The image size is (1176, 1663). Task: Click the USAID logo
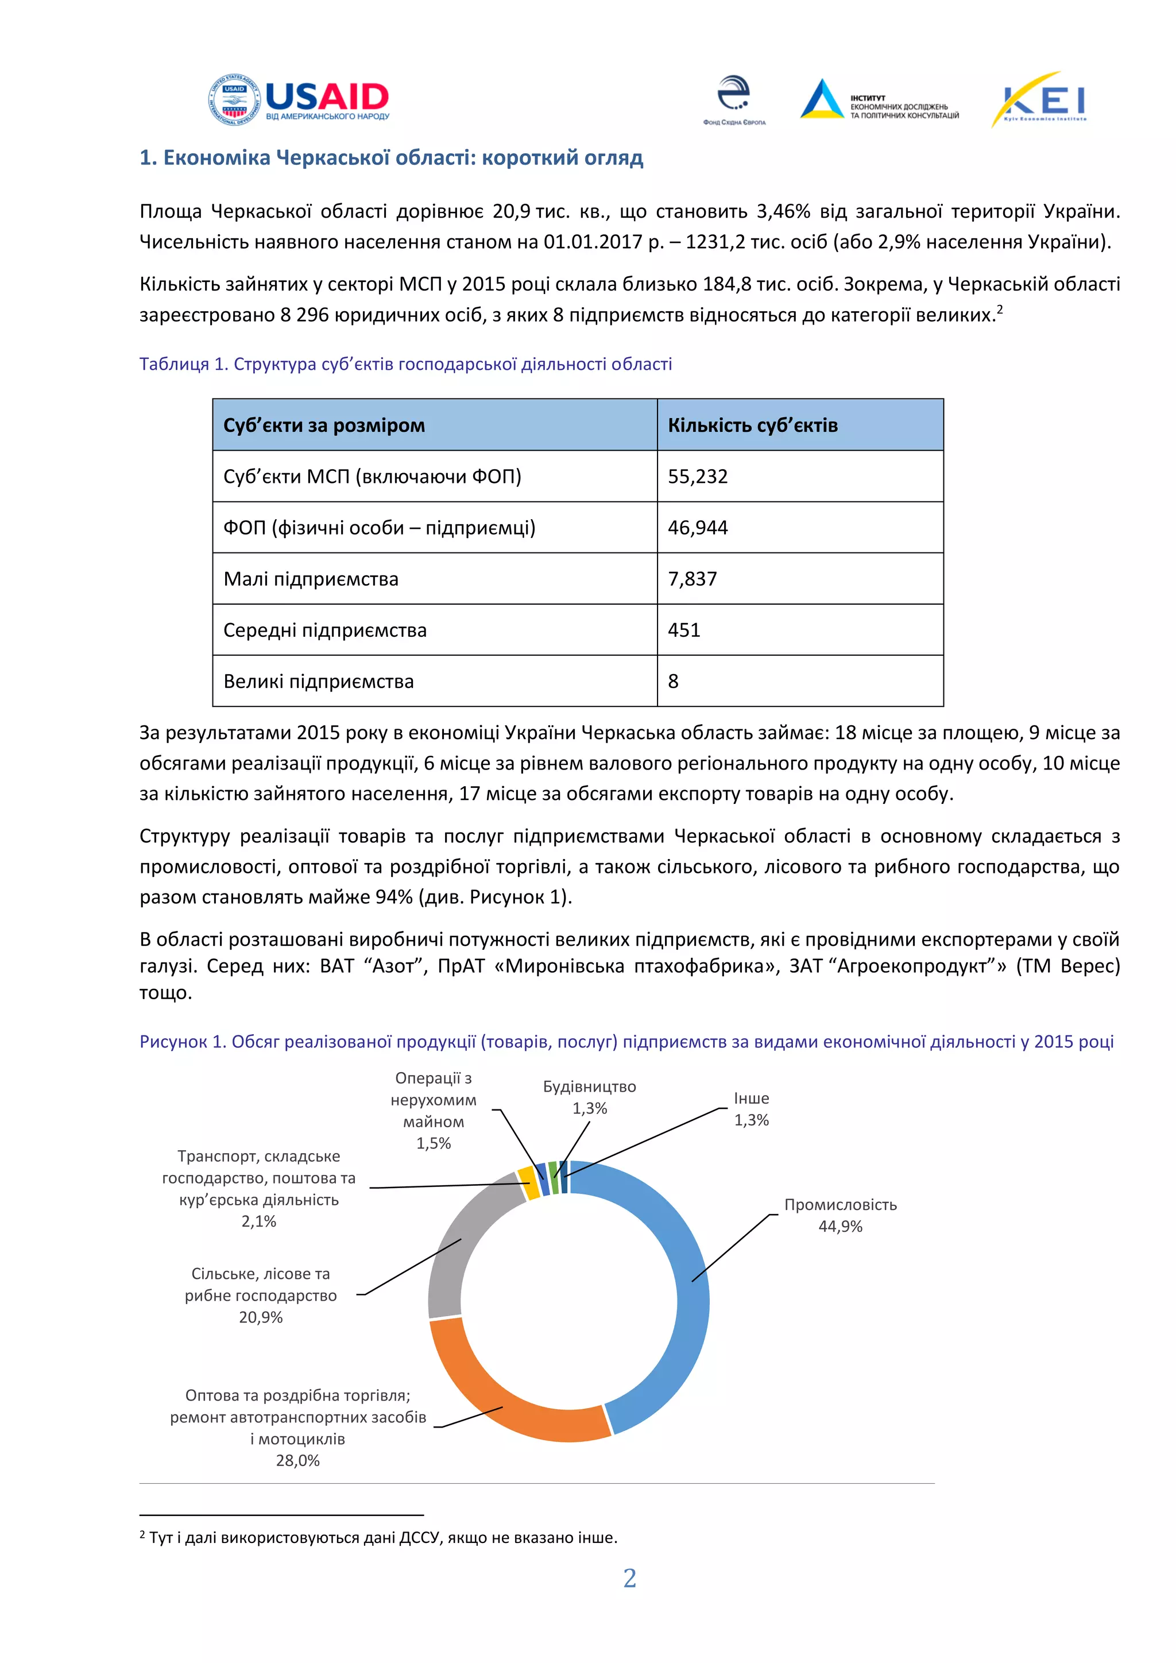299,99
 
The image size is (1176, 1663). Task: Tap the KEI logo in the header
1039,100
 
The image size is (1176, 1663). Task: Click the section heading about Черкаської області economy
391,158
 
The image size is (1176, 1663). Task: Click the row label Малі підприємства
311,579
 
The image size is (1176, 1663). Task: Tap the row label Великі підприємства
319,682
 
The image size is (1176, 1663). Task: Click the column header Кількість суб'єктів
752,425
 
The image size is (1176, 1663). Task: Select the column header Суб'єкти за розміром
324,425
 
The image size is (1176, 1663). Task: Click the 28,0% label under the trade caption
297,1460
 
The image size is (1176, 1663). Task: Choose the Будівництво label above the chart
590,1086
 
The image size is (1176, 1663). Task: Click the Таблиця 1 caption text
405,364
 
